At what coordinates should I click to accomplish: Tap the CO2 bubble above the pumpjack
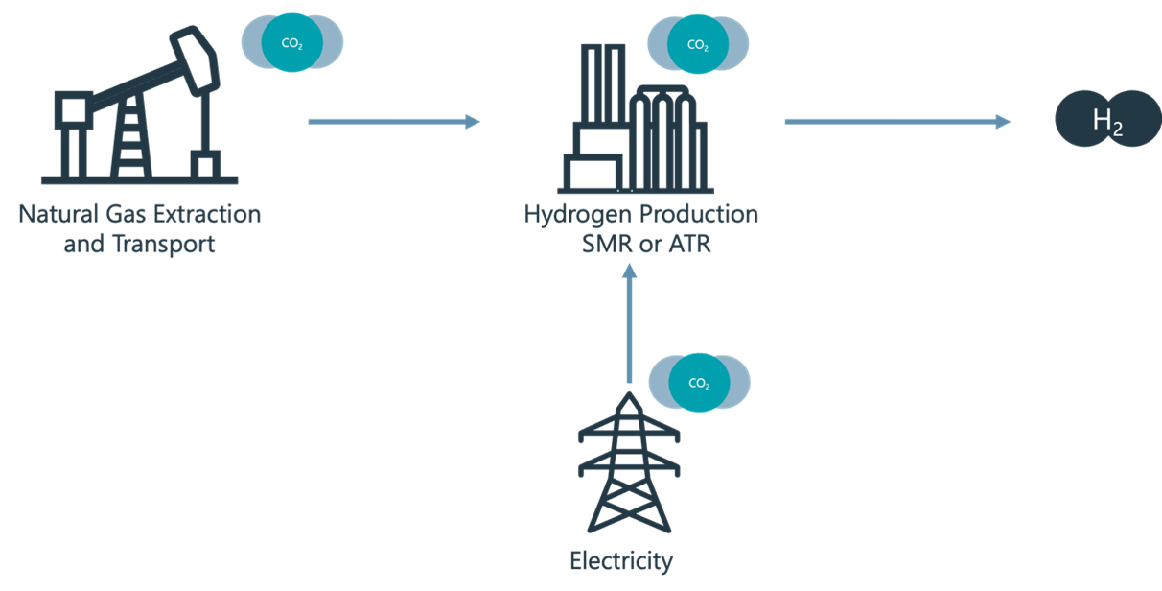(x=290, y=43)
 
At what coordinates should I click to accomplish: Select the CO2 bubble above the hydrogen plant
(x=698, y=44)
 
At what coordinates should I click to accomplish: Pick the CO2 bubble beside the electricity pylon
(x=699, y=383)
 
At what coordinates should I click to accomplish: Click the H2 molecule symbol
(x=1107, y=121)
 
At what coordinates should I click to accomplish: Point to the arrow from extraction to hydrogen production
(x=393, y=121)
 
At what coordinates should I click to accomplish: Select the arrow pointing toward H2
(x=896, y=121)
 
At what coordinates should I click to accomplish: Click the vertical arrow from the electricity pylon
(x=629, y=326)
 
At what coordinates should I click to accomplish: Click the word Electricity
(x=621, y=560)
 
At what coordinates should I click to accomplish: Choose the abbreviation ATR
(x=688, y=244)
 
